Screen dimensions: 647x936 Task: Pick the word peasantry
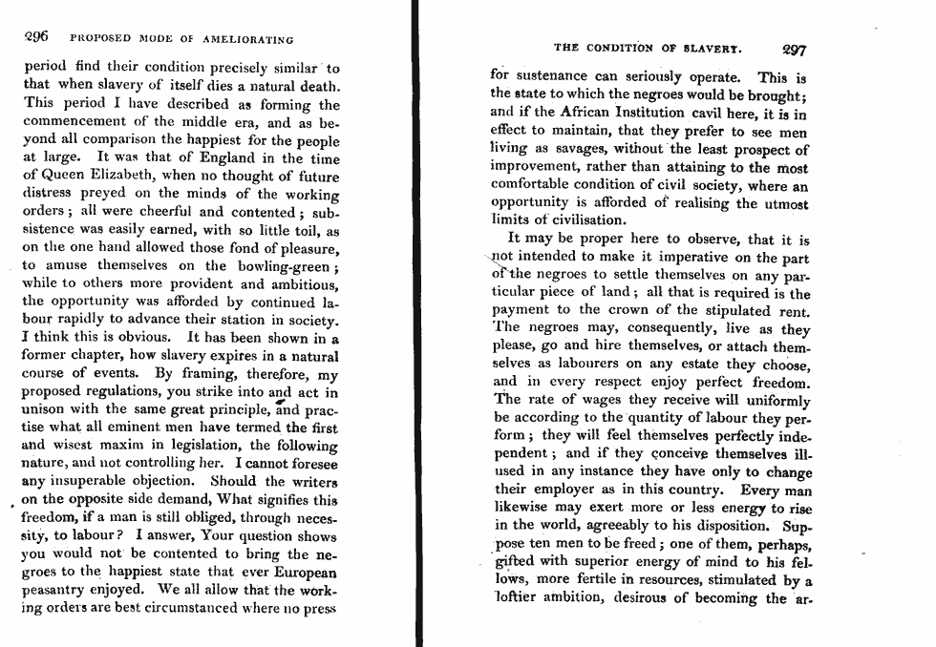57,590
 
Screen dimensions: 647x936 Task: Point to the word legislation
202,446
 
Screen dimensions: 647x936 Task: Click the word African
603,112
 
